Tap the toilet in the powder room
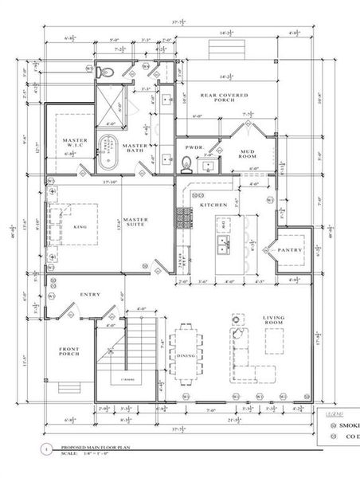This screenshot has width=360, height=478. (x=186, y=165)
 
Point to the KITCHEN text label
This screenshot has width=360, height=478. (x=213, y=206)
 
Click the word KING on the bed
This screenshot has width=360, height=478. (x=80, y=226)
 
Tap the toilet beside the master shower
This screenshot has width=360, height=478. (x=112, y=72)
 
